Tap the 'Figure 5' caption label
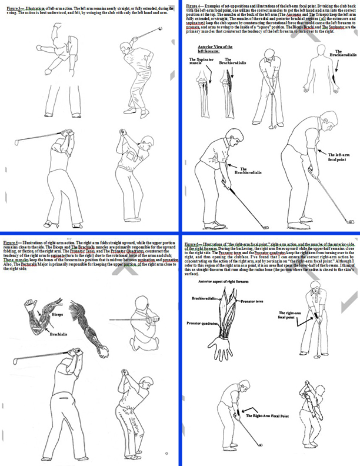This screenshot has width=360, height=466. pyautogui.click(x=12, y=242)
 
